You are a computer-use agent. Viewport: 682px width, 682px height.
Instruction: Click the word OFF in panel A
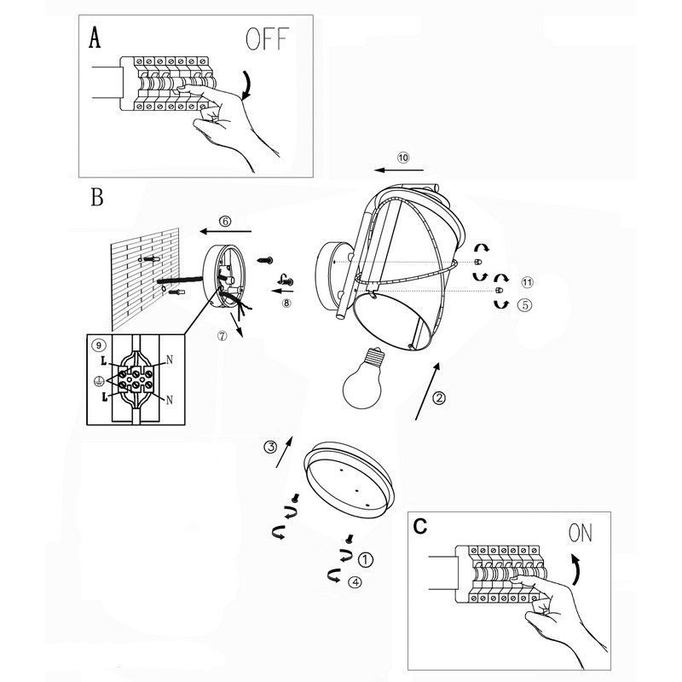[267, 38]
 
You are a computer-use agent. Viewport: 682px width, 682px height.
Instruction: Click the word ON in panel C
[580, 534]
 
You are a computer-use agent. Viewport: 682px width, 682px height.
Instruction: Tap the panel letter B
[96, 199]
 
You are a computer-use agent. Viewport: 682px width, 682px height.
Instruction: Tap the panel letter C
[419, 527]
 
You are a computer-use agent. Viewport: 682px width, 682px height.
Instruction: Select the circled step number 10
[403, 158]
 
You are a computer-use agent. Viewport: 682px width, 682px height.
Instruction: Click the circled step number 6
[225, 221]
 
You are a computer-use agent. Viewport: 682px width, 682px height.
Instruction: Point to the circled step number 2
[438, 397]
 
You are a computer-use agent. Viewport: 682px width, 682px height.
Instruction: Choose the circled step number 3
[269, 447]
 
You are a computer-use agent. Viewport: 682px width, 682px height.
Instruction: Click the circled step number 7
[223, 335]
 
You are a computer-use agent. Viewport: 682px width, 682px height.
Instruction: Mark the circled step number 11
[526, 282]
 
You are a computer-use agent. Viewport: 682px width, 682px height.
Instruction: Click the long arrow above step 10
[403, 170]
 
